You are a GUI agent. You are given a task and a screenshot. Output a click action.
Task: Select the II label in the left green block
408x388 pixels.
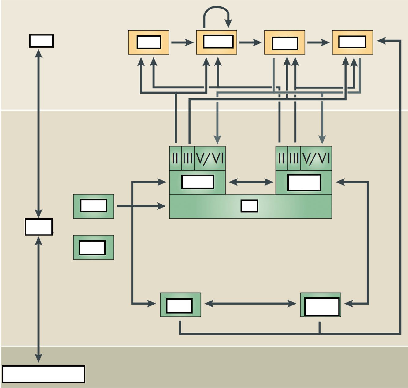(175, 158)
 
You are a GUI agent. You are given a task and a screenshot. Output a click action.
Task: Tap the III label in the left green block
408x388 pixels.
(188, 158)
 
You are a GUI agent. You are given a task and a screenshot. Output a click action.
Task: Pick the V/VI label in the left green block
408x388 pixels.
(210, 158)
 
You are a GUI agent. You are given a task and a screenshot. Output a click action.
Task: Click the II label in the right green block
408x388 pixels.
(281, 158)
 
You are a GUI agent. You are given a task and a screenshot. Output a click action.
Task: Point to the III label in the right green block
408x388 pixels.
(294, 158)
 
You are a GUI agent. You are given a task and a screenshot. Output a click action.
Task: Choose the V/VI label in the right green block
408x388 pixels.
(316, 158)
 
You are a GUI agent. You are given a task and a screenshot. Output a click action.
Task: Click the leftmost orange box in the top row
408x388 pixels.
(149, 42)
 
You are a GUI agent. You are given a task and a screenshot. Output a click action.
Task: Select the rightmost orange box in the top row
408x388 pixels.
(352, 42)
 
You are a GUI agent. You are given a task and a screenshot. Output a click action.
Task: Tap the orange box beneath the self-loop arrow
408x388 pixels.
(217, 42)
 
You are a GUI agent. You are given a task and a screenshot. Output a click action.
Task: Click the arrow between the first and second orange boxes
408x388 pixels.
(182, 42)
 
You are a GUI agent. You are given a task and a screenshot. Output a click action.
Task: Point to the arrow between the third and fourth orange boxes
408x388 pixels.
(318, 42)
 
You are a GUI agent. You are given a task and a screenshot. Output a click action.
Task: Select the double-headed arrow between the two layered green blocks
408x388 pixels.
(250, 182)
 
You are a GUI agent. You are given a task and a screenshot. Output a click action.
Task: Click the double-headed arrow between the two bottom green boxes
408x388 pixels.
(250, 304)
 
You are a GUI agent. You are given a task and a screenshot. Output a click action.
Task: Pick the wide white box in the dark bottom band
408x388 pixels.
(43, 374)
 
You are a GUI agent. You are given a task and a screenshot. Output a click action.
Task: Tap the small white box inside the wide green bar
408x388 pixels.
(249, 206)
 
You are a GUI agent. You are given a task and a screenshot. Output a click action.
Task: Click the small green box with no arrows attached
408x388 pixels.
(94, 247)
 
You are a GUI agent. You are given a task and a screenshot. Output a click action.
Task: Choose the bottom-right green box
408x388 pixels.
(321, 305)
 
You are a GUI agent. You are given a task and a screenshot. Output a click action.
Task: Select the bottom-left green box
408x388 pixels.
(180, 305)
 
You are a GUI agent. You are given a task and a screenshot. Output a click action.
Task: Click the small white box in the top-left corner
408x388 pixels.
(41, 41)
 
